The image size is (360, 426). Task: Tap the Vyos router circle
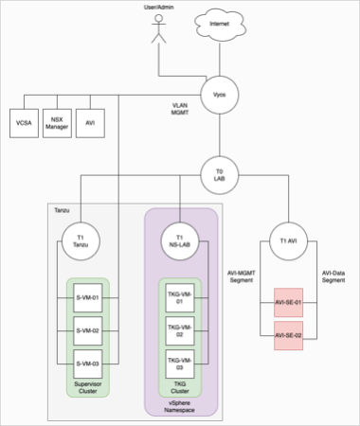[218, 96]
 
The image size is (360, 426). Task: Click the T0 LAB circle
[218, 174]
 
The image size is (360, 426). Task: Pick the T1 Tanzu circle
[81, 241]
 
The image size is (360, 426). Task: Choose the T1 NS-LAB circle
[181, 241]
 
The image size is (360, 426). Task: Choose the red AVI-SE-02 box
[287, 335]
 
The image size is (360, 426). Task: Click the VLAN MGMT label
[182, 110]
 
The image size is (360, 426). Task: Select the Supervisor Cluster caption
[88, 389]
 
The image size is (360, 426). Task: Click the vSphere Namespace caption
[181, 406]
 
